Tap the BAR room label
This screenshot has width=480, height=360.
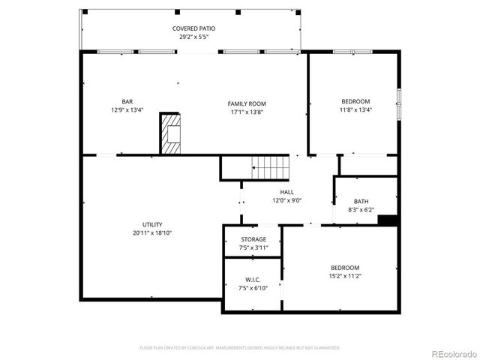point(127,102)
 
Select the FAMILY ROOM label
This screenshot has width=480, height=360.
point(247,103)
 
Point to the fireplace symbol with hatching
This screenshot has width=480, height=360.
point(171,134)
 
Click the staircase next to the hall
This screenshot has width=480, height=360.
point(269,167)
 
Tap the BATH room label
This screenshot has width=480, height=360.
point(361,201)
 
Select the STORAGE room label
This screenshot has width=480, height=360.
point(253,239)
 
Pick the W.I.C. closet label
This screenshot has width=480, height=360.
point(253,280)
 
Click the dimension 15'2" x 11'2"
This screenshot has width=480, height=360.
point(345,275)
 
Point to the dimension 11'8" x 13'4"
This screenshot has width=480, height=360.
point(355,109)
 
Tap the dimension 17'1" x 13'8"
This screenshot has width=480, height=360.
point(247,112)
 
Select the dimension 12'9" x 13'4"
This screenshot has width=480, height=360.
point(127,110)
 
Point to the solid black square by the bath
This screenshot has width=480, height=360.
point(388,220)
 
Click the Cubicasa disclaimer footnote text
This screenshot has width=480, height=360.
point(240,348)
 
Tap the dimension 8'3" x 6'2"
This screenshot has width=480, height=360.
point(361,209)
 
